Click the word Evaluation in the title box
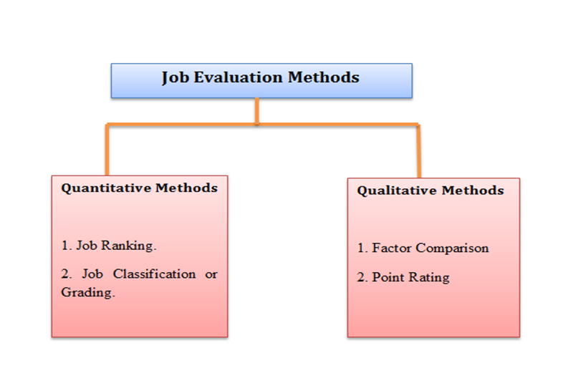click(241, 77)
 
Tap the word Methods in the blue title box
click(324, 77)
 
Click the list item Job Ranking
click(109, 246)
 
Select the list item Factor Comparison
click(423, 248)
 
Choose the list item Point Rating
click(403, 277)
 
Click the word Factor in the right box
click(390, 248)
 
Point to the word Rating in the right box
click(429, 277)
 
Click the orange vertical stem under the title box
click(257, 111)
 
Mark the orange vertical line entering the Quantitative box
click(107, 150)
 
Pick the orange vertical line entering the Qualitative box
click(419, 152)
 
